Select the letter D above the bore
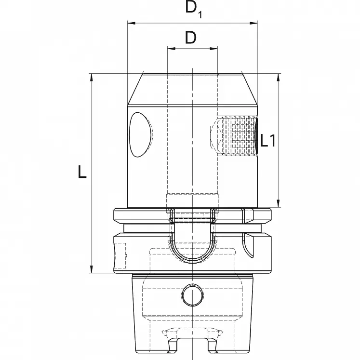point(191,38)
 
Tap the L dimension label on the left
point(82,172)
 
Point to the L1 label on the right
point(267,141)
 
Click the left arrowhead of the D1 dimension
point(130,22)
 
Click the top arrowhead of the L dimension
point(91,77)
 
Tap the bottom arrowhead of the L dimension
point(91,270)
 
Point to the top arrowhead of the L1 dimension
point(278,77)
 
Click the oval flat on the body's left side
point(140,135)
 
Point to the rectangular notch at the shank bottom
point(192,347)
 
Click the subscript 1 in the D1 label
point(200,15)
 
